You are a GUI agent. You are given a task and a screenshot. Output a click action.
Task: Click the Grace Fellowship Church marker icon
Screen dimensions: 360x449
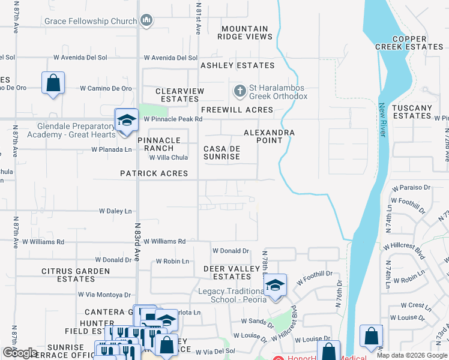point(146,22)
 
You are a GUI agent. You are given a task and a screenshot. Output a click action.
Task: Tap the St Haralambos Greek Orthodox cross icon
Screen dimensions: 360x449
point(240,91)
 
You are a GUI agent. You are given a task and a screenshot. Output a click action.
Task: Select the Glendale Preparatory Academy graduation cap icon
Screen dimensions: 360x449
point(126,119)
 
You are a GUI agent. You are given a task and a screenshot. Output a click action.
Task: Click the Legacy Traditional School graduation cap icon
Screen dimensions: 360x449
point(275,284)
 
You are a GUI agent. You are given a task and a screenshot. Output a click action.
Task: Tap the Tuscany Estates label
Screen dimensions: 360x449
point(412,112)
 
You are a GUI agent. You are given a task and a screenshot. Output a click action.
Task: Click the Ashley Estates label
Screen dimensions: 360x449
point(237,65)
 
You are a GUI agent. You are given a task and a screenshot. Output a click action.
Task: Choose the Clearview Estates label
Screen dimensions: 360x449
point(179,95)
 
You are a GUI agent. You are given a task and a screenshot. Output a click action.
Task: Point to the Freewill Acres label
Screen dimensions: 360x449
point(237,110)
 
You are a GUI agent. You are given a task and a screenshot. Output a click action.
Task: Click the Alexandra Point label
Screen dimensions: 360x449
point(269,136)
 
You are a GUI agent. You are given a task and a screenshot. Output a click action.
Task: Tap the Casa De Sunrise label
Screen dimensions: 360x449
point(221,152)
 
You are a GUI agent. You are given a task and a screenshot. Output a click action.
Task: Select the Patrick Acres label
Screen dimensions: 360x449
point(154,173)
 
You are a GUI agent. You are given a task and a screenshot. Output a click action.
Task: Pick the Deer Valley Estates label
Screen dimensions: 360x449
point(227,272)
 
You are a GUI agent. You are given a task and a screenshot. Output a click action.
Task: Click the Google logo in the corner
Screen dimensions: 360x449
point(20,353)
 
